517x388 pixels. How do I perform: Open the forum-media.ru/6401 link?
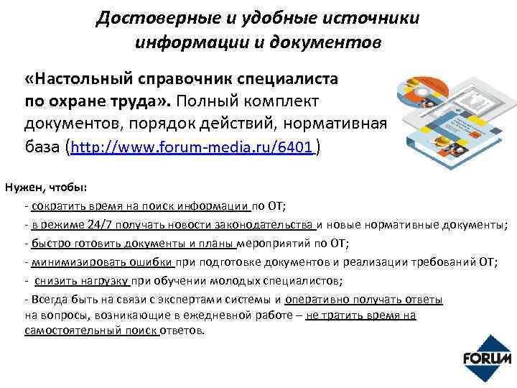tap(192, 148)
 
